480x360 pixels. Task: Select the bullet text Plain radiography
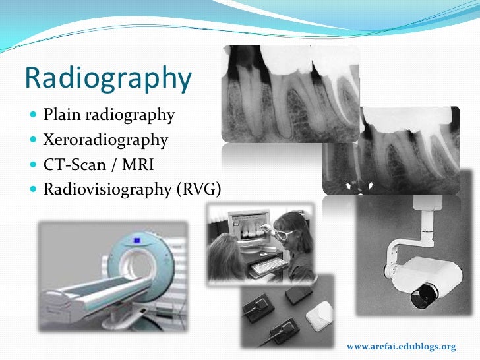[109, 116]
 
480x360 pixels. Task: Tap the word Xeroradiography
[105, 140]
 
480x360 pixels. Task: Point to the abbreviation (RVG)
[198, 190]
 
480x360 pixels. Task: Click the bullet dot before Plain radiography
[34, 117]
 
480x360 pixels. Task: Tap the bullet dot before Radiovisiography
[34, 191]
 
